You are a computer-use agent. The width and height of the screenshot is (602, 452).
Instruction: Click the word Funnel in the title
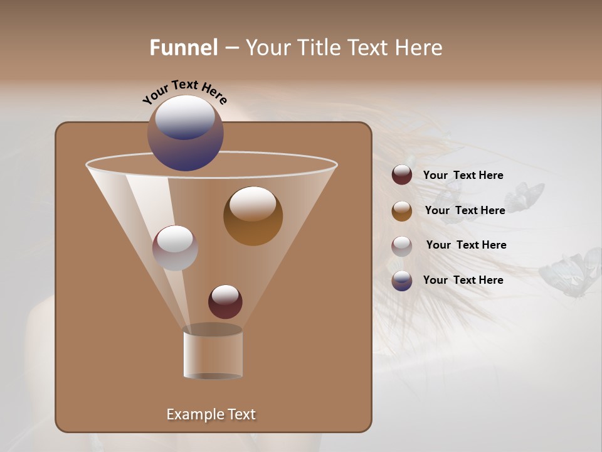click(x=184, y=48)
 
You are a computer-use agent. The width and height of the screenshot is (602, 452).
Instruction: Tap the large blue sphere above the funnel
click(x=186, y=134)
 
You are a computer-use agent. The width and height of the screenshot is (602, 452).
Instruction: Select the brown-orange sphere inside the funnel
click(x=253, y=216)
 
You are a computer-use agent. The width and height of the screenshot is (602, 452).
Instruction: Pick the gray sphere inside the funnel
click(x=175, y=248)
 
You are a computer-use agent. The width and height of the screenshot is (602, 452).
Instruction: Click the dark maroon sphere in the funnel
click(x=225, y=301)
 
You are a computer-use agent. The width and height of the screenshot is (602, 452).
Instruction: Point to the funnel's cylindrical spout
click(x=213, y=355)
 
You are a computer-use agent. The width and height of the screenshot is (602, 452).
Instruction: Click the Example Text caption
click(x=211, y=414)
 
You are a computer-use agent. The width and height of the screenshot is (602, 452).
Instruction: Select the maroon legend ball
click(x=402, y=175)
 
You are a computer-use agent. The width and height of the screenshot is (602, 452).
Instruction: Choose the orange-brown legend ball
click(x=402, y=211)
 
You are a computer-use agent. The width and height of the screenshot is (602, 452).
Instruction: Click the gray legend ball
click(x=402, y=246)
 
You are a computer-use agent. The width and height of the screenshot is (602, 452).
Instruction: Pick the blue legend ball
click(x=402, y=281)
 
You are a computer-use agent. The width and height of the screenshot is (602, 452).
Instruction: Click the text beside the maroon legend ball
click(x=463, y=176)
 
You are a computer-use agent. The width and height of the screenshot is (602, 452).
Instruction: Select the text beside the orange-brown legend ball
click(x=465, y=211)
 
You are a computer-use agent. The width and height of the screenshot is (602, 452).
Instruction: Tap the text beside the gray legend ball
click(x=466, y=245)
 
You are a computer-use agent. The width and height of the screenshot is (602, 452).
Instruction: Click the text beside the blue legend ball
click(x=463, y=281)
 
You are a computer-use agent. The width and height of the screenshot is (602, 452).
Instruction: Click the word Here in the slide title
click(x=419, y=48)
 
